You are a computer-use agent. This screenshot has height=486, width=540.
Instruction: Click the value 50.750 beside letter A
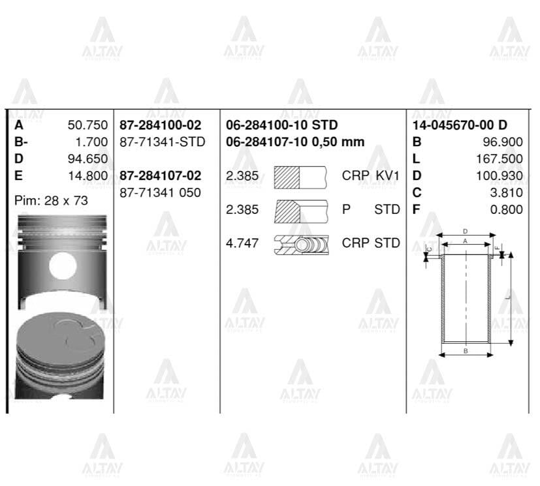pos(87,125)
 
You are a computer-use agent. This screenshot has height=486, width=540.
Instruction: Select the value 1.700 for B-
pos(91,142)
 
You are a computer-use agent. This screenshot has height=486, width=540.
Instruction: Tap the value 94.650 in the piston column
pos(87,159)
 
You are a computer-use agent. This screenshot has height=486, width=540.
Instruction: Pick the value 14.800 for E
pos(87,175)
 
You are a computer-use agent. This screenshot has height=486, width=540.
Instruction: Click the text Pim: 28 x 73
pos(51,201)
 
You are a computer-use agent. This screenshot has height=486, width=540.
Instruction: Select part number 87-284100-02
pos(161,125)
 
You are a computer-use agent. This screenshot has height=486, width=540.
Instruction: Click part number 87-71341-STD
pos(163,142)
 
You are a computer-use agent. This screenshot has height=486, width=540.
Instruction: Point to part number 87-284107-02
pos(161,175)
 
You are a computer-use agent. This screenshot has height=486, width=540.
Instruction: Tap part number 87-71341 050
pos(161,192)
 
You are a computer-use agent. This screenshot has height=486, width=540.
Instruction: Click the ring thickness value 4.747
pos(242,243)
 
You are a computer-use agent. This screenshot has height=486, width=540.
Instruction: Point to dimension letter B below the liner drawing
pos(466,351)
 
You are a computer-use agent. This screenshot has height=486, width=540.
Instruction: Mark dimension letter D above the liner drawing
pos(466,231)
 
